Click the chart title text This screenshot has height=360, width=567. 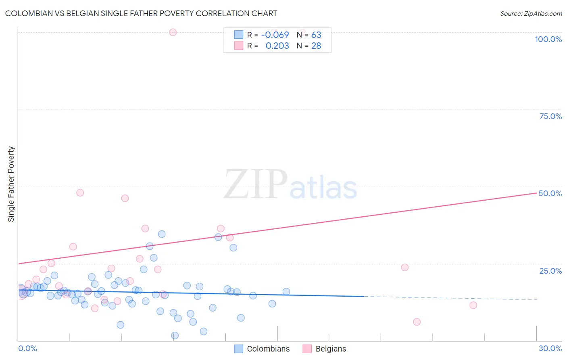click(141, 13)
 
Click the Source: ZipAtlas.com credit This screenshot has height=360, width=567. click(531, 13)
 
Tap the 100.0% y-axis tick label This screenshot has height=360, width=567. click(548, 39)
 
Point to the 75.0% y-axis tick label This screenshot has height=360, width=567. click(550, 116)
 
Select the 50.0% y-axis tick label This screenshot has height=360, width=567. click(550, 193)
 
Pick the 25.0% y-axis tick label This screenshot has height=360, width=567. click(550, 271)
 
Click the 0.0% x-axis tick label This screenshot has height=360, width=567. click(27, 348)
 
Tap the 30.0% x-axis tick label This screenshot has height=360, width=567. click(550, 348)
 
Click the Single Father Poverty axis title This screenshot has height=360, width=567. click(11, 184)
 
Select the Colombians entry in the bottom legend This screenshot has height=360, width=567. click(268, 349)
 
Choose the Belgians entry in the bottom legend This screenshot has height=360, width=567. click(331, 349)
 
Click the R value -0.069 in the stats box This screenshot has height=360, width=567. click(275, 35)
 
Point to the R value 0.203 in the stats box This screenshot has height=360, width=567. click(277, 46)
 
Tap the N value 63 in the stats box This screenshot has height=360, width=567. click(316, 35)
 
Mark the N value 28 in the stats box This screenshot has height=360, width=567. click(316, 46)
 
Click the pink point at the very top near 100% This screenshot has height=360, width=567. click(173, 32)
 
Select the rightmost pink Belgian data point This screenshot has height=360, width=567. click(473, 305)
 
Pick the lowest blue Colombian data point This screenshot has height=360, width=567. click(175, 335)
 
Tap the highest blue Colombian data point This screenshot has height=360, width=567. click(162, 234)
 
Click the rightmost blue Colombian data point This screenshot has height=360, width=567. click(286, 291)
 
